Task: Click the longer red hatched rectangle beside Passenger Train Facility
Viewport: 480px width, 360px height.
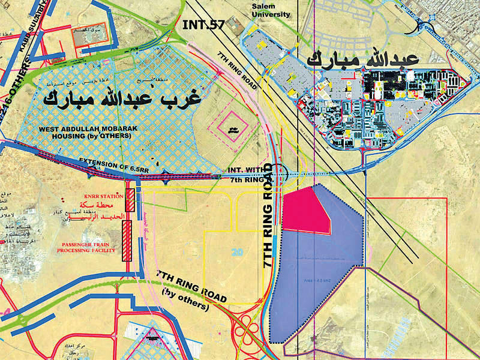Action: coord(127,240)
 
